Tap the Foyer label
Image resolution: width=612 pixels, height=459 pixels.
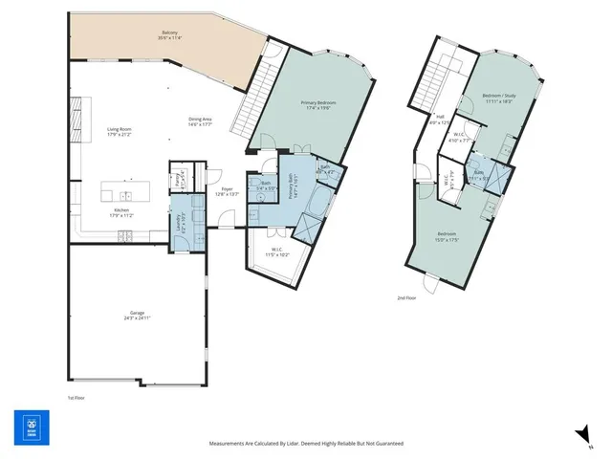tap(227, 189)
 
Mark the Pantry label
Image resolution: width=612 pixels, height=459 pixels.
tap(178, 179)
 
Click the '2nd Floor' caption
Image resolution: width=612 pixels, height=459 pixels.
tap(406, 297)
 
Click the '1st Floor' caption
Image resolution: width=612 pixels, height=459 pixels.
tap(76, 397)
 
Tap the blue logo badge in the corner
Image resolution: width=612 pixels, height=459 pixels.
tap(31, 425)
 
